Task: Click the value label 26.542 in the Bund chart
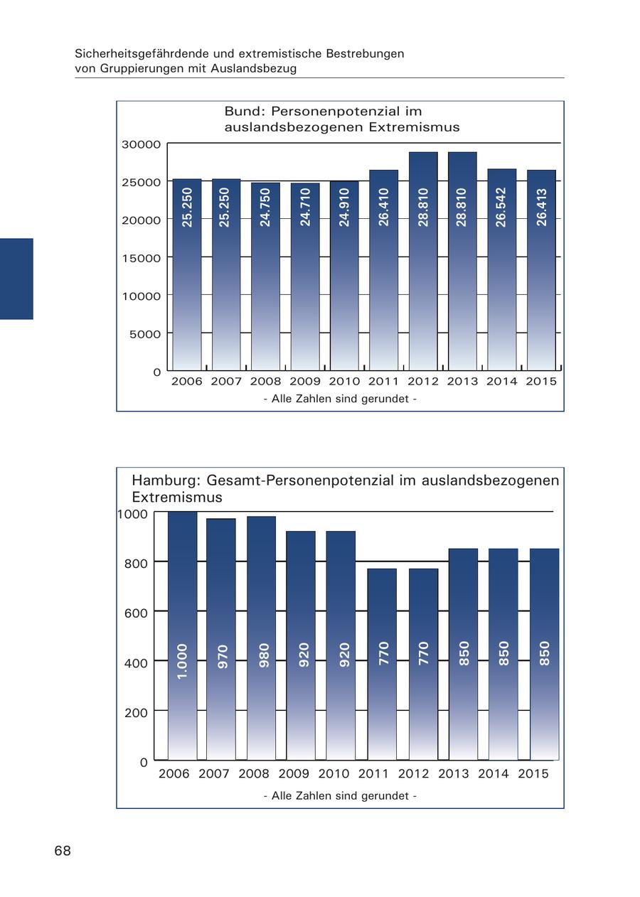[502, 207]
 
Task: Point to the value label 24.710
[306, 207]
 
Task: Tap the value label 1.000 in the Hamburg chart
[182, 661]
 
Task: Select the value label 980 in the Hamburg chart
[264, 655]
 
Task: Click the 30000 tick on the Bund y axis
[142, 144]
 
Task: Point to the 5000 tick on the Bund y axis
[145, 334]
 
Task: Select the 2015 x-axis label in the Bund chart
[541, 382]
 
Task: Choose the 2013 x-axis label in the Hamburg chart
[454, 774]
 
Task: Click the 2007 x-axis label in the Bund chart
[226, 382]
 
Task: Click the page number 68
[63, 851]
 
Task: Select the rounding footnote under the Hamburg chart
[340, 796]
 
